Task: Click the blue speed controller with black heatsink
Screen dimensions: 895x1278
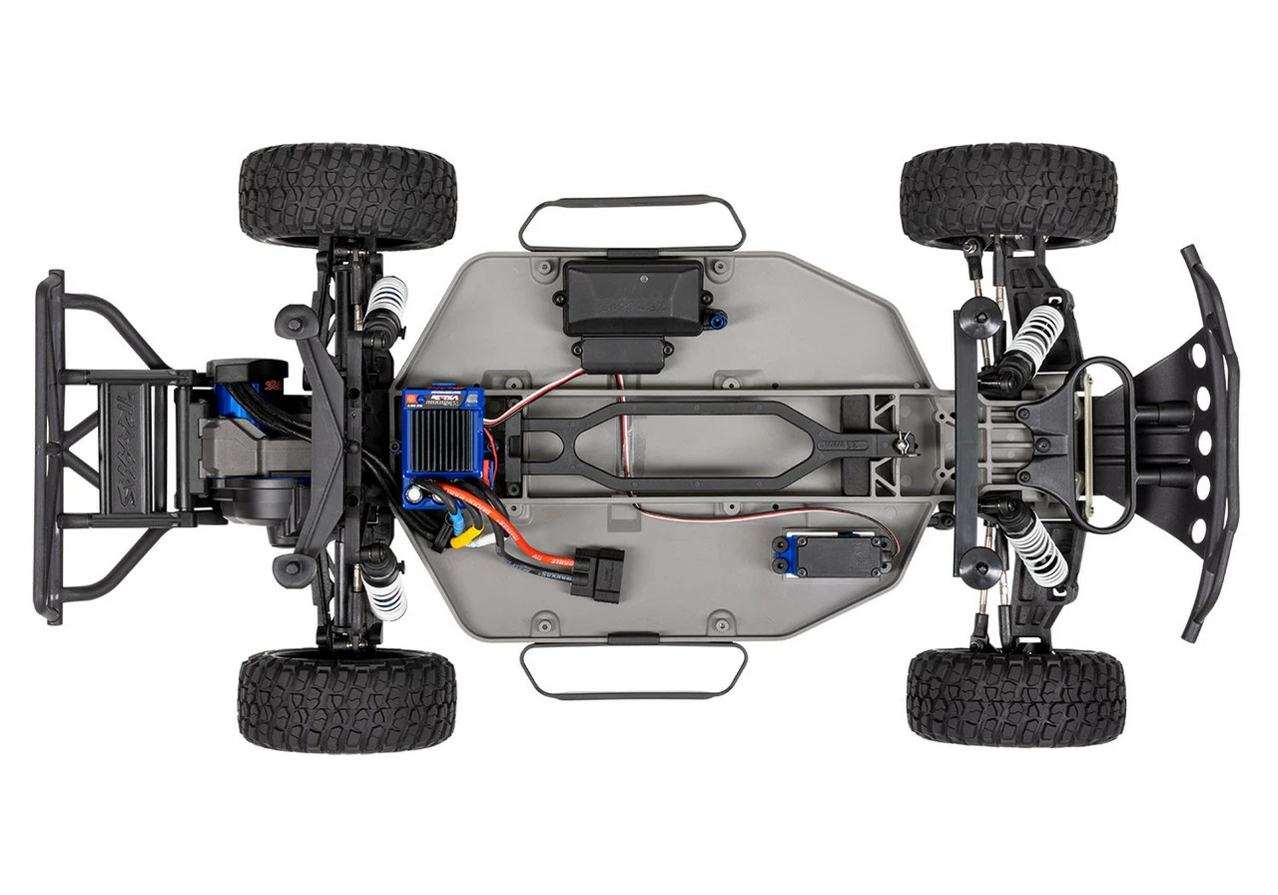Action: point(441,444)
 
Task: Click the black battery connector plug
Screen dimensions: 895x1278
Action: point(597,571)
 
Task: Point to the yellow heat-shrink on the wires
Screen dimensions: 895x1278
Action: point(460,538)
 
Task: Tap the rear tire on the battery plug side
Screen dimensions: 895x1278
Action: point(346,700)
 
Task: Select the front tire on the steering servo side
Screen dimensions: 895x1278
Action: point(1015,696)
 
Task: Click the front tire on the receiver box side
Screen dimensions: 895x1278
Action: point(1008,196)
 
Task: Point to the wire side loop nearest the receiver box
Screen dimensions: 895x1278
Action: point(632,223)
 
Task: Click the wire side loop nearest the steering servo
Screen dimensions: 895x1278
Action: point(633,669)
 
